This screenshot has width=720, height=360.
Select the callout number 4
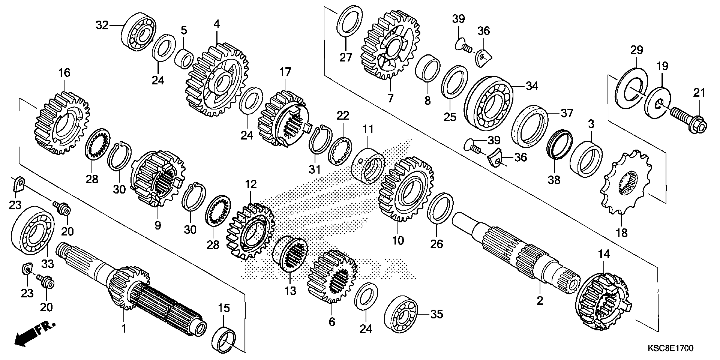coord(217,25)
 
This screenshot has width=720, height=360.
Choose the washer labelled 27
coord(350,21)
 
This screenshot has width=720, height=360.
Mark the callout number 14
coord(604,254)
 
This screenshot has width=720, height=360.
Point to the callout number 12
coord(251,184)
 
